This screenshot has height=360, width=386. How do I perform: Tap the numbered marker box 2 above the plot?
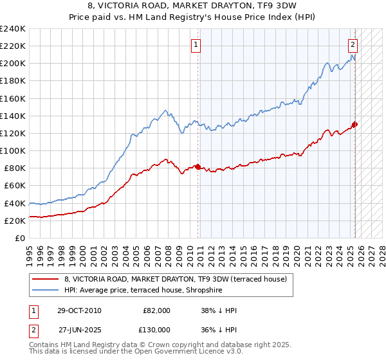(x=353, y=45)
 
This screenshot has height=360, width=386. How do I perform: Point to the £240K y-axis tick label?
(x=13, y=29)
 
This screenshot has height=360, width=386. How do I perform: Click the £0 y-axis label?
(x=21, y=238)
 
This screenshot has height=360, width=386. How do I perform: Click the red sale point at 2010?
(x=198, y=166)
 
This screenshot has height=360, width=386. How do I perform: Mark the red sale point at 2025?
(x=354, y=125)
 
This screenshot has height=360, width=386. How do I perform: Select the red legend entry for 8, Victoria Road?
(x=179, y=278)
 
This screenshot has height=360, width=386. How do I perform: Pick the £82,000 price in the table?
(x=157, y=310)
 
